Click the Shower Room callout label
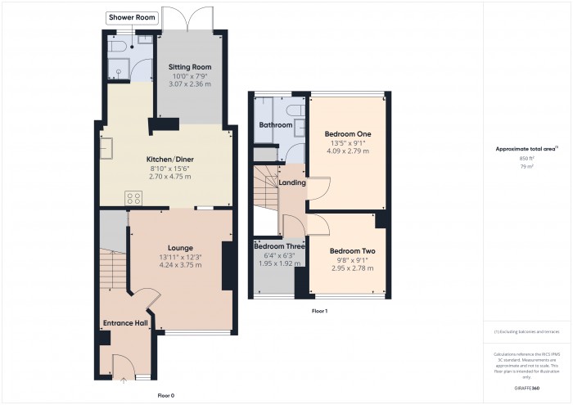[131, 17]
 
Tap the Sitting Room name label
[189, 66]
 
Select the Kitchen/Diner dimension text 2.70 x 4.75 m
[168, 176]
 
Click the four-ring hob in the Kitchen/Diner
[133, 199]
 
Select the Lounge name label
[180, 247]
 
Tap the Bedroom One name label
[347, 133]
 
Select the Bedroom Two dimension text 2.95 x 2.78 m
[352, 268]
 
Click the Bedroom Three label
[279, 246]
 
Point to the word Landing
[292, 183]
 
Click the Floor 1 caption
[319, 312]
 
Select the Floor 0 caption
[166, 396]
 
